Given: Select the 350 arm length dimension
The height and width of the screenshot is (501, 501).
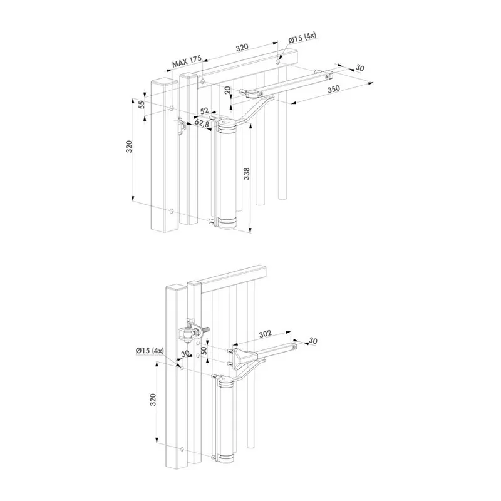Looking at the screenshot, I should [x=333, y=90].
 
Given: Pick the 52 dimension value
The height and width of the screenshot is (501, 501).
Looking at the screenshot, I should [x=204, y=111].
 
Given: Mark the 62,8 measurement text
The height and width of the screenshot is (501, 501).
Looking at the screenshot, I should [x=201, y=123].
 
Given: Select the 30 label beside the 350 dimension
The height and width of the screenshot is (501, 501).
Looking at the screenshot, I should [x=359, y=68].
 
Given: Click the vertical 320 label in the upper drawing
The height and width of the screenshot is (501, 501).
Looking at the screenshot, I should [x=129, y=147].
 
